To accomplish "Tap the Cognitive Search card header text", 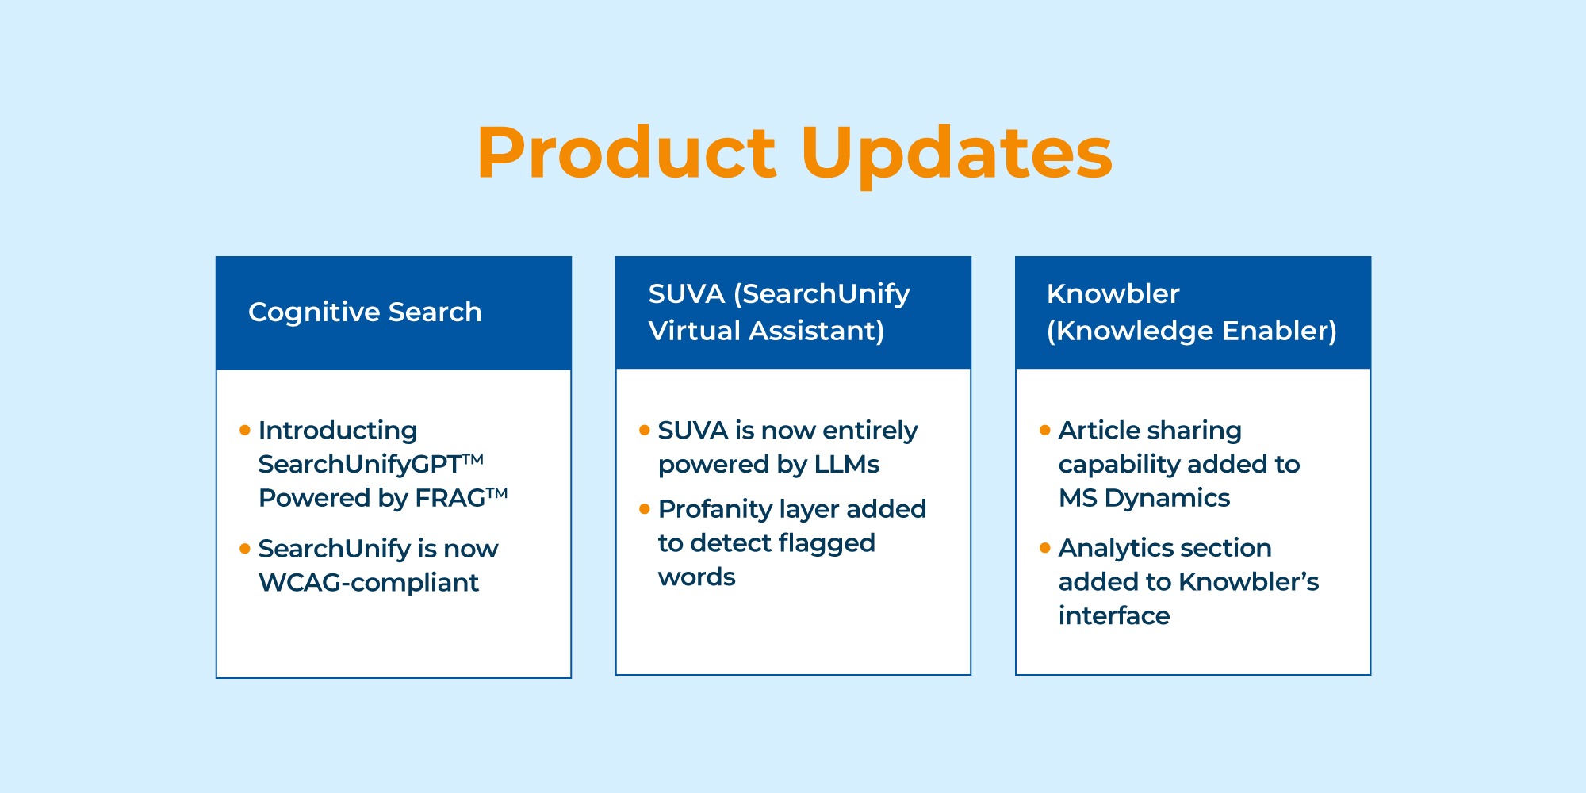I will (365, 312).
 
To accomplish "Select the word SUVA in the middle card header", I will (687, 294).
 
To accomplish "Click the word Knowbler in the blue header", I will (1113, 294).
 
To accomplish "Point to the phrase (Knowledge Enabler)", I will (1191, 331).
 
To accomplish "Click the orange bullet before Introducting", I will (245, 430).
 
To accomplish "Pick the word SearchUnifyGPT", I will (360, 464).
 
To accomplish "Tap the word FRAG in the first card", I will (450, 498).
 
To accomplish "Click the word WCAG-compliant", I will (369, 583).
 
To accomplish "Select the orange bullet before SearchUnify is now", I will (245, 548).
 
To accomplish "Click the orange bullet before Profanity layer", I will (645, 508).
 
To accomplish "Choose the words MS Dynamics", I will (1144, 498).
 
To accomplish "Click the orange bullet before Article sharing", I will (1045, 430).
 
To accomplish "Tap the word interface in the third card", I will (1113, 616).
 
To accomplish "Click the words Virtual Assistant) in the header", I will (766, 331).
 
